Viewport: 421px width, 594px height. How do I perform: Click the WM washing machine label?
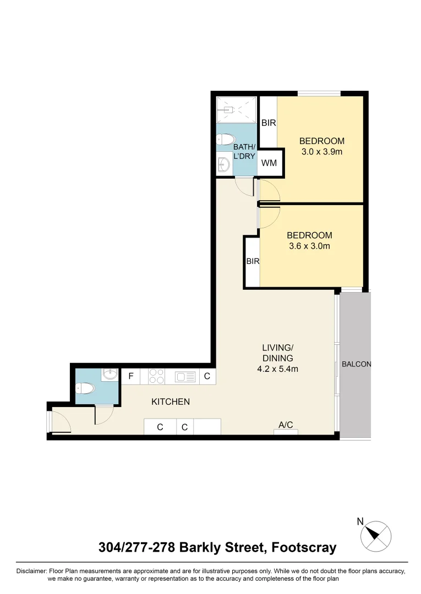[x=269, y=163]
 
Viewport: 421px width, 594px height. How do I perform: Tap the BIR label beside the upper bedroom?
[x=269, y=123]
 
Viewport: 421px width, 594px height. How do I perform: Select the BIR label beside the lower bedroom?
[x=252, y=261]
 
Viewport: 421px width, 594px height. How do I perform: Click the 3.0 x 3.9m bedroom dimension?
[x=322, y=152]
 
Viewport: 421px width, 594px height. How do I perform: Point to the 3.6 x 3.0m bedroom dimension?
[x=309, y=246]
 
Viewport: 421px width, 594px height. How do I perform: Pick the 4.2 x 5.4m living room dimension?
[x=277, y=369]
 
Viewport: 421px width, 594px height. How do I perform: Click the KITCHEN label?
[x=171, y=402]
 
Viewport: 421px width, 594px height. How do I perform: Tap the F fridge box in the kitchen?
[x=131, y=377]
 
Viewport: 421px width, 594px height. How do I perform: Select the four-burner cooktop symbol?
[x=156, y=377]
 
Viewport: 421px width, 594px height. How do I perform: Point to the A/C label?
[x=286, y=425]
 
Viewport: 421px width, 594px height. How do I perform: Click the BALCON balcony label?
[x=356, y=364]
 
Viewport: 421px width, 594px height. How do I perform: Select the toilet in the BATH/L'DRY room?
[x=226, y=140]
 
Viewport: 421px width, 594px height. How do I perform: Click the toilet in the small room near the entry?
[x=86, y=389]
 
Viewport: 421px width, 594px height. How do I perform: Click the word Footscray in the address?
[x=302, y=548]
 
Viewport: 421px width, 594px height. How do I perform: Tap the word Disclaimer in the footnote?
[x=32, y=571]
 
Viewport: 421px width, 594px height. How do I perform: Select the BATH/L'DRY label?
[x=245, y=152]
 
